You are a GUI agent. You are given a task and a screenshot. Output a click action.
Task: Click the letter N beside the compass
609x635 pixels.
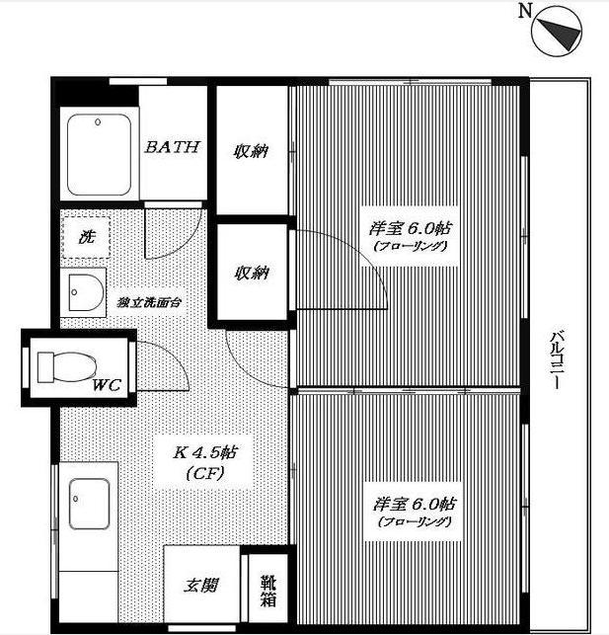pos(525,11)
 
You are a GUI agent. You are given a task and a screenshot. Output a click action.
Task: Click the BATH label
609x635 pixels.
pos(173,146)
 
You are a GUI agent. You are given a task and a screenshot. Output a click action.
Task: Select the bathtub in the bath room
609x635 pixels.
pos(99,155)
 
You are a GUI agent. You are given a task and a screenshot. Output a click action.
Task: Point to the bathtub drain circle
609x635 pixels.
pos(98,121)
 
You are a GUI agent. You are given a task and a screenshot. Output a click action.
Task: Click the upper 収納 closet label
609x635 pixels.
pos(251,151)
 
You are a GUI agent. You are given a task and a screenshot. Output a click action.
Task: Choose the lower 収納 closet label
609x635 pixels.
pos(252,273)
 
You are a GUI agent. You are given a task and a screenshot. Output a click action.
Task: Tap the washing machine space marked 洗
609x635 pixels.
pos(86,237)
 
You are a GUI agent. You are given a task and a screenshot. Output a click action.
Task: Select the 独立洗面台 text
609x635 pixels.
pos(149,302)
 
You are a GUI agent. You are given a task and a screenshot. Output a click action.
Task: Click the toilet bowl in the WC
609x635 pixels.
pos(67,367)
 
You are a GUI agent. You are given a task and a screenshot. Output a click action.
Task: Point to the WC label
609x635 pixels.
pos(107,385)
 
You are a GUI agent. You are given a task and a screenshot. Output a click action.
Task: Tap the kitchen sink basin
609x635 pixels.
pos(89,504)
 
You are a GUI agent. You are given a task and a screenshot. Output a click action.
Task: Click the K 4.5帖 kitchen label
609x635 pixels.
pos(205,452)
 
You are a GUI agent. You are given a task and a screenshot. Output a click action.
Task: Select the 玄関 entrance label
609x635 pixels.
pos(201,586)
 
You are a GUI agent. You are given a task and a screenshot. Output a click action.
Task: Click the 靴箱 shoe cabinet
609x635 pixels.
pos(267,590)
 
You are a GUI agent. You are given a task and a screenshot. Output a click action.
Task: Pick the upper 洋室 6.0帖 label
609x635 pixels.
pos(410,229)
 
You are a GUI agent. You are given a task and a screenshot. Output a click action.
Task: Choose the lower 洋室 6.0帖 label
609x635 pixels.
pos(414,505)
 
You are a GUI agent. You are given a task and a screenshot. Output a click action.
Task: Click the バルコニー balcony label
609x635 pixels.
pos(558,360)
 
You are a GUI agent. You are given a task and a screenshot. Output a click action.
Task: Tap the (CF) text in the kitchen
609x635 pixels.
pos(205,473)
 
